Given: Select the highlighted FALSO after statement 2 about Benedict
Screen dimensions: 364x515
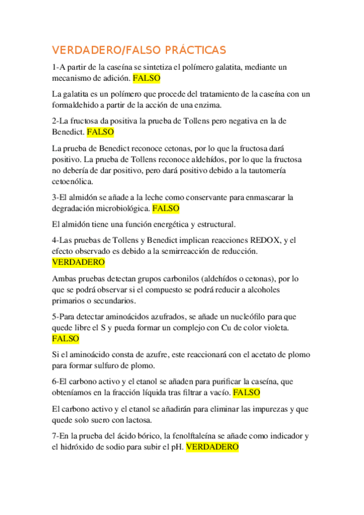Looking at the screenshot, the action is click(x=100, y=131).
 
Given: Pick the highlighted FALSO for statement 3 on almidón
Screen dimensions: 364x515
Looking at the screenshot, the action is click(x=166, y=208).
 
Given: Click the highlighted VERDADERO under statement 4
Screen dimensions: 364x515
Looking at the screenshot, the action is click(x=78, y=262).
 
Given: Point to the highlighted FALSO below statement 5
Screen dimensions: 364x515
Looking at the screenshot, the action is click(x=65, y=339).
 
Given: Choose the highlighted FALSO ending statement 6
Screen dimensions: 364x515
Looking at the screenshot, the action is click(x=247, y=392).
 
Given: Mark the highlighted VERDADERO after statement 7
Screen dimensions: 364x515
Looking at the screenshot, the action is click(x=212, y=447).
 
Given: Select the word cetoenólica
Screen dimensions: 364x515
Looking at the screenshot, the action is click(x=73, y=182).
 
